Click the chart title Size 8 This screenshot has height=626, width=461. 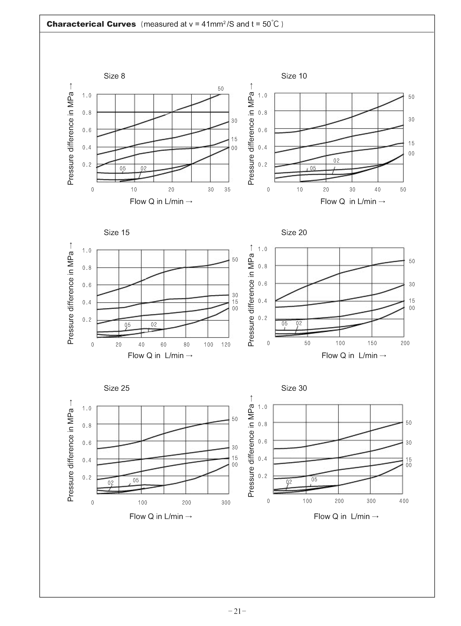point(114,76)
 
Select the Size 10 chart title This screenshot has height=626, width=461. point(294,76)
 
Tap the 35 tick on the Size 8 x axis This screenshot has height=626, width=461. point(227,190)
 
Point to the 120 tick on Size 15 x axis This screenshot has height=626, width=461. point(226,345)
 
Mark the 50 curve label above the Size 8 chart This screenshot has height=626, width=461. point(221,89)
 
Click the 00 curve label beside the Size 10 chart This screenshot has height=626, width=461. point(411,154)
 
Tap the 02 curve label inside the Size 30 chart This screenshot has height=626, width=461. point(289,482)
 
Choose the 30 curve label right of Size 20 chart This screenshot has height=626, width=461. point(412,284)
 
